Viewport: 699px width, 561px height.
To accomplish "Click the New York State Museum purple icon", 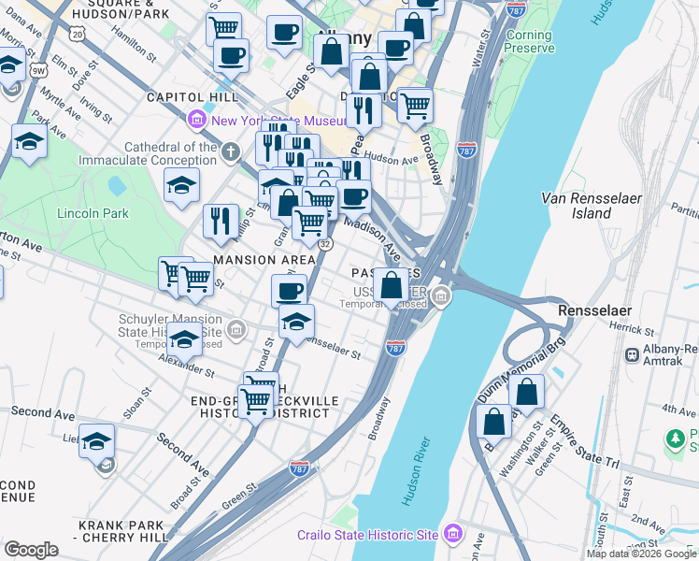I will (197, 120).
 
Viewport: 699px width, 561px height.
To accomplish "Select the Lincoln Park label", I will (93, 213).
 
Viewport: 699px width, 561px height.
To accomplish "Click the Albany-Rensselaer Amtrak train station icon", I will (634, 354).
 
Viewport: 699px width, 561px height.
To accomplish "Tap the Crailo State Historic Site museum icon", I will (453, 534).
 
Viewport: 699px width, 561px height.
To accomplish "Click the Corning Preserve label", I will (528, 41).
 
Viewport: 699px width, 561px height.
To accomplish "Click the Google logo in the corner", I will (31, 550).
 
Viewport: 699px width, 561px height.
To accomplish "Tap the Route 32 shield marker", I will (324, 243).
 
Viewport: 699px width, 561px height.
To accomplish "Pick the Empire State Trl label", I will (585, 442).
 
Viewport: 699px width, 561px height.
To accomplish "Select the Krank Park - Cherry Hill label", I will (121, 530).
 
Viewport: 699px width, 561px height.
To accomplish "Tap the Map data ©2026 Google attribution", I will (641, 554).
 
